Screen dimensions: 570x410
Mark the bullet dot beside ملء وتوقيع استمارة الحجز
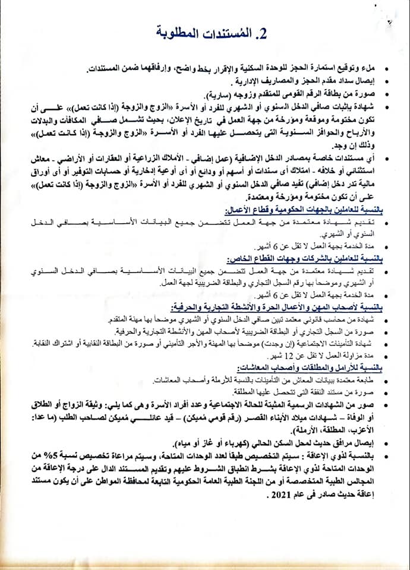tap(387, 70)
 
